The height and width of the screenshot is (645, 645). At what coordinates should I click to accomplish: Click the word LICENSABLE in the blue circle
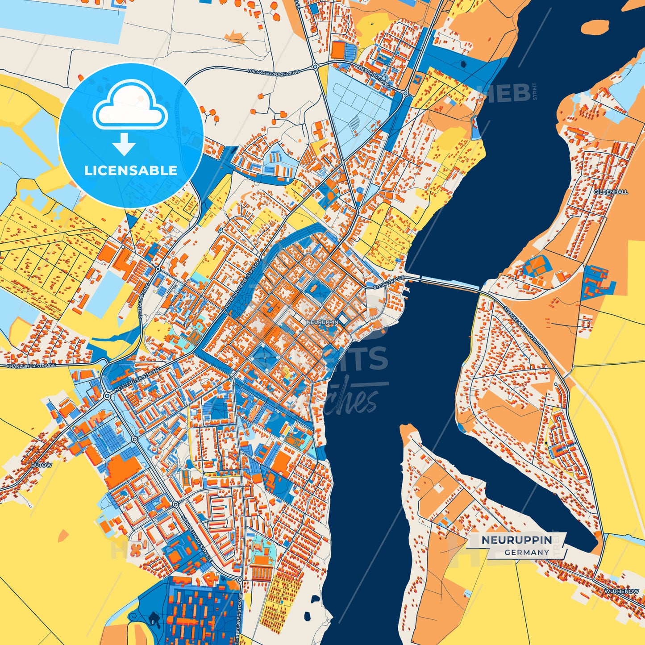pos(131,171)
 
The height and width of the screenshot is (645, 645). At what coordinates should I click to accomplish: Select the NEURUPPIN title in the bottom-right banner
pos(516,540)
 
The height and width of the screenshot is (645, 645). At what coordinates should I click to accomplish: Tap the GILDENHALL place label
pos(611,191)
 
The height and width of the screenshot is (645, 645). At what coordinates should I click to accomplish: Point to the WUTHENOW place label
pos(621,591)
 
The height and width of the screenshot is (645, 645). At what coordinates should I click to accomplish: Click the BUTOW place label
pos(42,465)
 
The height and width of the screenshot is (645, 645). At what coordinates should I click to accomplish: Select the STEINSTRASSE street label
pos(389,282)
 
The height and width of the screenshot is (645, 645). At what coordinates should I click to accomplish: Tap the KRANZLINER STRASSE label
pos(31,366)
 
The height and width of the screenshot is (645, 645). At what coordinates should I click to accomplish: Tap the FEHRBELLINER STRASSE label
pos(240,619)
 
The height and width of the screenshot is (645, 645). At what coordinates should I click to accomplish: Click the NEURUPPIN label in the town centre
pos(323,322)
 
